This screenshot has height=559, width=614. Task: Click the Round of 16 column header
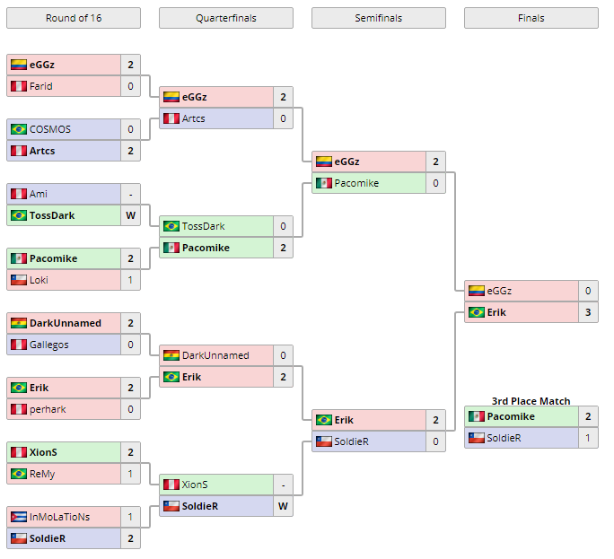point(73,18)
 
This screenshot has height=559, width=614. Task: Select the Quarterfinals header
point(225,18)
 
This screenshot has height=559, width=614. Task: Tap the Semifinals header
point(378,18)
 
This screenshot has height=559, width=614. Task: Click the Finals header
point(531,18)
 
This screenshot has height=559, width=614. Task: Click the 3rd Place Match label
point(531,401)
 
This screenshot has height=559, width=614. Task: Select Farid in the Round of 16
point(41,86)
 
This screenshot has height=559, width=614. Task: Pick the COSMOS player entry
point(50,129)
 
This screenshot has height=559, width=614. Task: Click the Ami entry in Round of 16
point(39,194)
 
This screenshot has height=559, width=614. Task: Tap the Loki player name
point(39,280)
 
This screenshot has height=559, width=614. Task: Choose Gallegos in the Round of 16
point(49,345)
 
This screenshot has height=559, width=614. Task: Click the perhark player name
point(48,409)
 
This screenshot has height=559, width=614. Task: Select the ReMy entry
point(43,474)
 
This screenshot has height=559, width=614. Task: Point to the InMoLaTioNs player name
point(60,517)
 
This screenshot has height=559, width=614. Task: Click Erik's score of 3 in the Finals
point(588,312)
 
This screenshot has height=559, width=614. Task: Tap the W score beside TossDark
point(130,215)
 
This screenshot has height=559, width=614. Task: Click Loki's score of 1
point(130,280)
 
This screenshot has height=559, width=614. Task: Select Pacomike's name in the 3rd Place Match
point(511,416)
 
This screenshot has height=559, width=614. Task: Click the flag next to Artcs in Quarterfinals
point(171,118)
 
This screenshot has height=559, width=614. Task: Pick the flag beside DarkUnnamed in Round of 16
point(18,323)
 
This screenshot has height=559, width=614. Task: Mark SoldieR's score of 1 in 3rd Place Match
point(588,438)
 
